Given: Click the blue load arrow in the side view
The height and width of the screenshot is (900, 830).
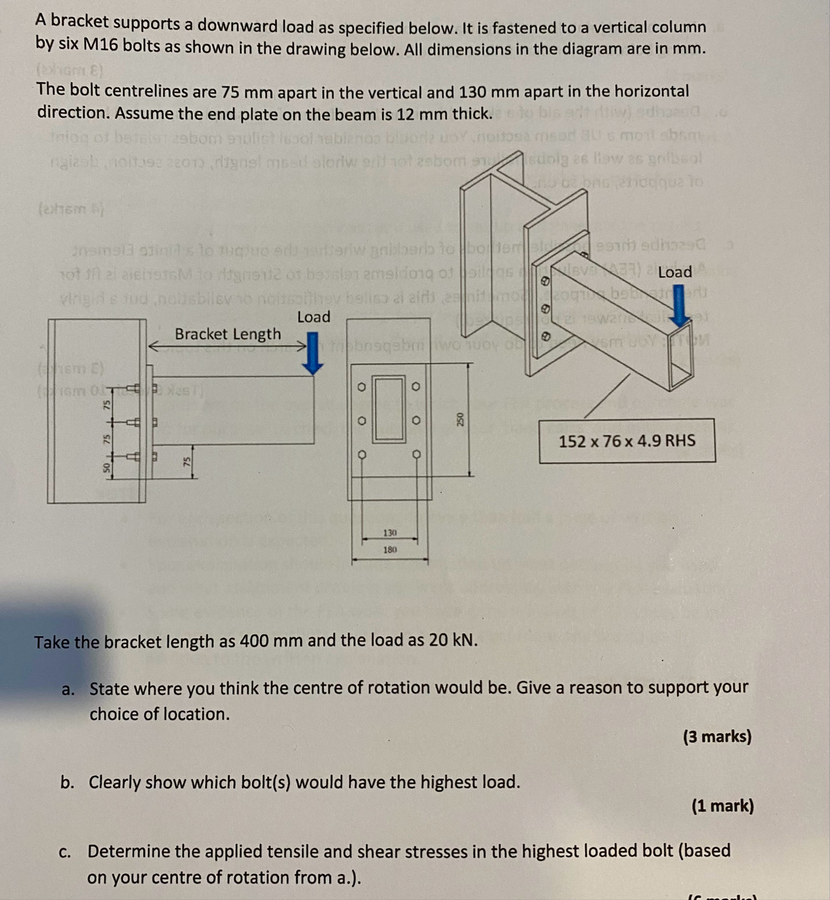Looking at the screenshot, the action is tap(312, 353).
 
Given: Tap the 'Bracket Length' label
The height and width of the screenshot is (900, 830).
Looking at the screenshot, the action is tap(228, 334).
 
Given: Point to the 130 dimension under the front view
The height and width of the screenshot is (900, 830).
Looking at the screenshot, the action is tap(390, 533).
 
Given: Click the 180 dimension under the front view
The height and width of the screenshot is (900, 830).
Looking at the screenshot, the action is tap(390, 550).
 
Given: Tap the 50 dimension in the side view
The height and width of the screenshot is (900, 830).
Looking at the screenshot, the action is tap(106, 467).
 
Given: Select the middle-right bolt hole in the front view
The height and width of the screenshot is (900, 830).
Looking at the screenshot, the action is tap(415, 420).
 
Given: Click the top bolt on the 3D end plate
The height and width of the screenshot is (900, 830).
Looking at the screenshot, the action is tap(547, 281).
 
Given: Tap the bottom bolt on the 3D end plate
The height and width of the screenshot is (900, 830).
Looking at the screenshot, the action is tap(546, 336).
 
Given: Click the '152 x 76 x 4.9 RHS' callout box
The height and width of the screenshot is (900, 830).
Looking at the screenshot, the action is tap(627, 441).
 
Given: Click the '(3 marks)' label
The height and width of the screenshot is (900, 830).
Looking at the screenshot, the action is tap(717, 737).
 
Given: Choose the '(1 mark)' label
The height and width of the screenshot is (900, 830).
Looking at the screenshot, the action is tap(723, 806).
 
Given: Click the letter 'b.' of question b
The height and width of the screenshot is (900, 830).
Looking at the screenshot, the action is tap(67, 783).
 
